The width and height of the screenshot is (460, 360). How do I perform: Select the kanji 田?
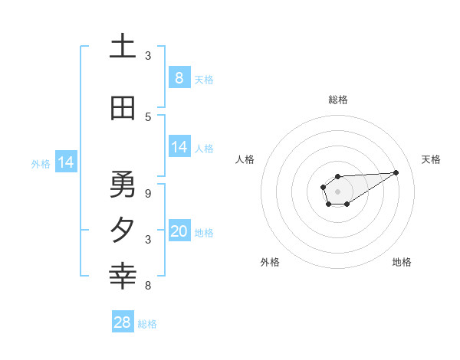click(x=123, y=109)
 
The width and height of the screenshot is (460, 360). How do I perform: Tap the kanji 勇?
click(x=123, y=184)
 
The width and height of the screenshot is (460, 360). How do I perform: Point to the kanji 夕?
click(x=123, y=230)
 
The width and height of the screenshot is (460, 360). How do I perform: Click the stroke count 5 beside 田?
click(x=148, y=116)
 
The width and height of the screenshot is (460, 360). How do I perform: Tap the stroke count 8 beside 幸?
click(x=148, y=286)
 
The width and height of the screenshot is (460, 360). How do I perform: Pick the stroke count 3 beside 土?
click(x=148, y=55)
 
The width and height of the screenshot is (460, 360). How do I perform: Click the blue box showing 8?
click(x=179, y=77)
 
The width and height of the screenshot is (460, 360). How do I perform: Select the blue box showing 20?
click(x=179, y=231)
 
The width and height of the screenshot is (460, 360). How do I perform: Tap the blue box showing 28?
click(x=123, y=322)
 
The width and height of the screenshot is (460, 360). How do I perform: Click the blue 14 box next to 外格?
click(x=66, y=162)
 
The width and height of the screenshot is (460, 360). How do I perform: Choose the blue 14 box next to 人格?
click(x=179, y=147)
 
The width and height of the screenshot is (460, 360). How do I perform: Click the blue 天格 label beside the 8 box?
click(x=204, y=79)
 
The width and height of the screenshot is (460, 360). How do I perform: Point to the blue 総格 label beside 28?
click(x=147, y=324)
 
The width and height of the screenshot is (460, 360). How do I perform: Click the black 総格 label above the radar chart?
click(x=338, y=100)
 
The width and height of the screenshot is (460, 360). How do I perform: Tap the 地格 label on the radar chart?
click(x=402, y=262)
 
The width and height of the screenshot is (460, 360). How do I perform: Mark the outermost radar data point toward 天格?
click(x=396, y=172)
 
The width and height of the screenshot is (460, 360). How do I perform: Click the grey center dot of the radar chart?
click(x=337, y=189)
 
